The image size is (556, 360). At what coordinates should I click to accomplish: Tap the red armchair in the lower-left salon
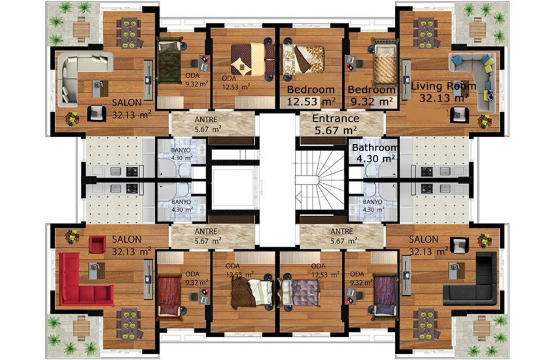(x=97, y=245)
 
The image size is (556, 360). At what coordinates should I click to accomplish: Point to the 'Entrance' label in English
(x=335, y=118)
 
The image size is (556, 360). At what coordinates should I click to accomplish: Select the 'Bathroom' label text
(x=375, y=147)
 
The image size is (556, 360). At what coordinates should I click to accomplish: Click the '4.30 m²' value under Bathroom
(x=375, y=158)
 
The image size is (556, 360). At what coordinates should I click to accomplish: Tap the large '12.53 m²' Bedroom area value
(x=311, y=101)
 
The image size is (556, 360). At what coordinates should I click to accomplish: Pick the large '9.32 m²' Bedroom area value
(x=371, y=101)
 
